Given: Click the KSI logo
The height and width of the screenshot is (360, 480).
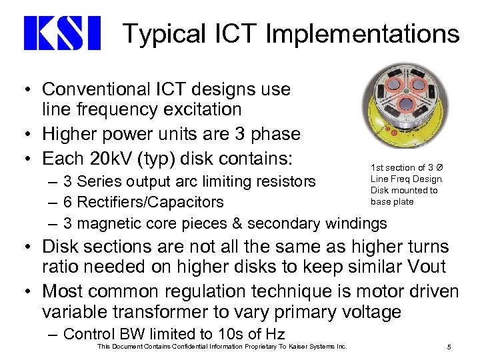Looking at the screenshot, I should (61, 33).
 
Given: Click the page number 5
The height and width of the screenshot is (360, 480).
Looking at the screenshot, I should (449, 347).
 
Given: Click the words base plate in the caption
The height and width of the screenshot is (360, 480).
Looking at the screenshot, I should (392, 202).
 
